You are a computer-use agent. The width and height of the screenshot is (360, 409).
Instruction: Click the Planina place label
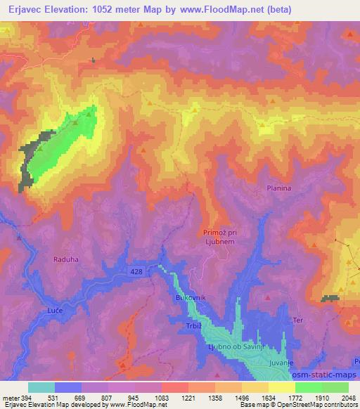click(x=279, y=188)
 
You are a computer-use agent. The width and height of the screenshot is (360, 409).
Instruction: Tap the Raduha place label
click(x=65, y=259)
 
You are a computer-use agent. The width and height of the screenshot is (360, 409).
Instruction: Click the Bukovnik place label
click(x=189, y=299)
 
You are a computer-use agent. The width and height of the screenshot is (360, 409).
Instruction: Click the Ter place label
click(x=298, y=320)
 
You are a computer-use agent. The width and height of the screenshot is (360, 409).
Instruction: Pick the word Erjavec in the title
click(x=20, y=10)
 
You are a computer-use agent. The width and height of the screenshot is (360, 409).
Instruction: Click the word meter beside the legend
click(x=9, y=398)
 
